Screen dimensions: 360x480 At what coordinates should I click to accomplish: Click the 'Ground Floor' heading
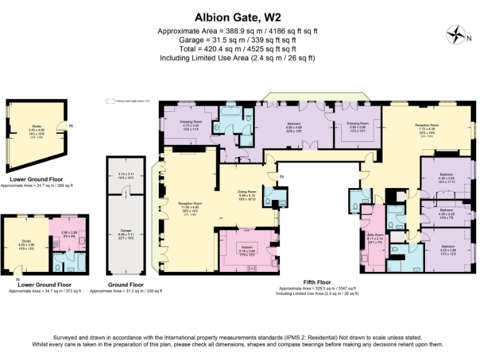pyautogui.click(x=126, y=285)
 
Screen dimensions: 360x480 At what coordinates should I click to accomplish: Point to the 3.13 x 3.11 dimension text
pyautogui.click(x=126, y=174)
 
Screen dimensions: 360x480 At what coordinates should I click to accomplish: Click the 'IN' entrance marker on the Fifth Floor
pyautogui.click(x=282, y=177)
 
